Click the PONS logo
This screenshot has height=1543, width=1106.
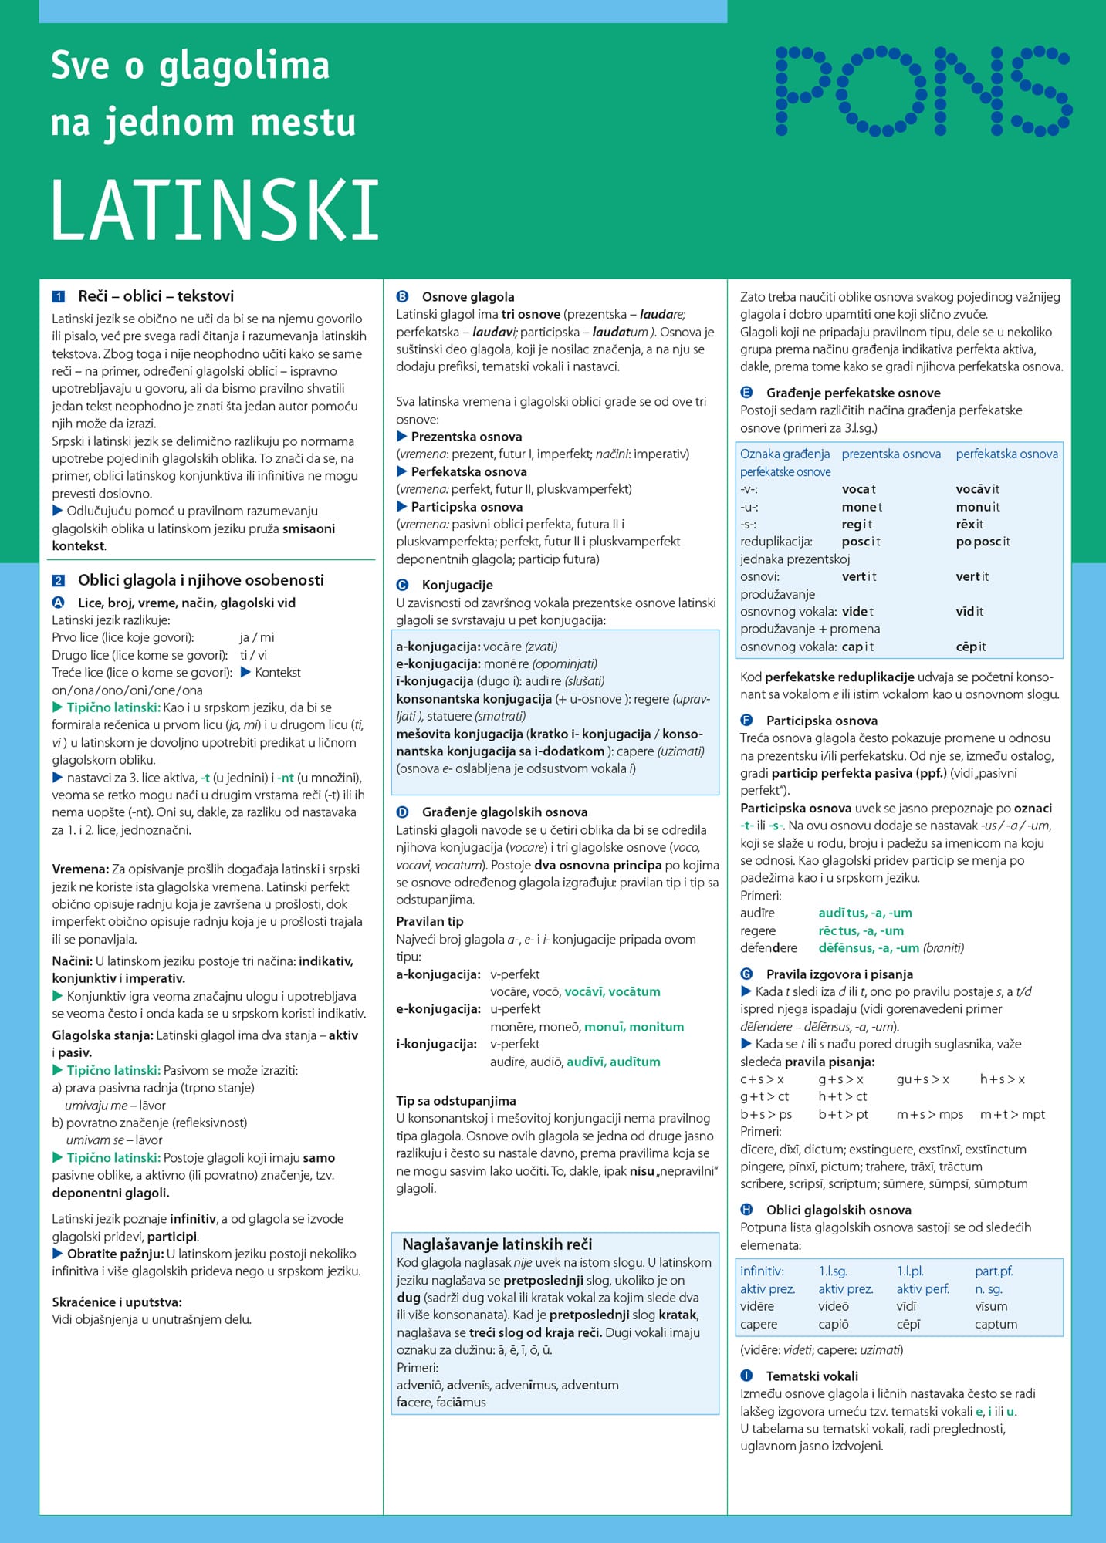click(x=924, y=90)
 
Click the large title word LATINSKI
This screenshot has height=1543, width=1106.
click(x=215, y=210)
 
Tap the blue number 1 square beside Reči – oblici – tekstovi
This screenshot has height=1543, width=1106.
click(x=59, y=297)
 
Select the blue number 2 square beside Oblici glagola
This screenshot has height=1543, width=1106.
click(x=59, y=581)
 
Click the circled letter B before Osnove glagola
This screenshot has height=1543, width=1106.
click(x=402, y=297)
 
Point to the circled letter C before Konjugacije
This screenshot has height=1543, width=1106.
click(x=402, y=586)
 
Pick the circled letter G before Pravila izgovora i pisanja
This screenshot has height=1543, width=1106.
click(x=746, y=974)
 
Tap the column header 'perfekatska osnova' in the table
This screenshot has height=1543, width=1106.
click(x=1006, y=454)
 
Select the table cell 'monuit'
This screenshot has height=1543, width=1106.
click(x=978, y=507)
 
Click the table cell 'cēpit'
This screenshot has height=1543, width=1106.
click(x=971, y=647)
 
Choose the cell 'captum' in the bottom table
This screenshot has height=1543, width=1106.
click(x=996, y=1324)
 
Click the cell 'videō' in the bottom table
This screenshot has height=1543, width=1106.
click(x=834, y=1306)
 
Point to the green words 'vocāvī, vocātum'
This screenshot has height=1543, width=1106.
click(x=612, y=991)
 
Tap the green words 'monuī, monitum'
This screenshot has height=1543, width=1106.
click(x=634, y=1027)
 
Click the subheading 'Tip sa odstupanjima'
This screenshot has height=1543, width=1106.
click(x=456, y=1101)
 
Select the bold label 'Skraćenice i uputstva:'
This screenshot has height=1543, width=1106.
click(x=117, y=1302)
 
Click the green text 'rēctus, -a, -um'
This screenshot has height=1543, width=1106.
click(x=861, y=931)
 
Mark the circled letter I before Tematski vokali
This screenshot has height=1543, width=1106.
click(x=746, y=1376)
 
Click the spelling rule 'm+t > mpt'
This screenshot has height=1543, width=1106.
click(x=1012, y=1114)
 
